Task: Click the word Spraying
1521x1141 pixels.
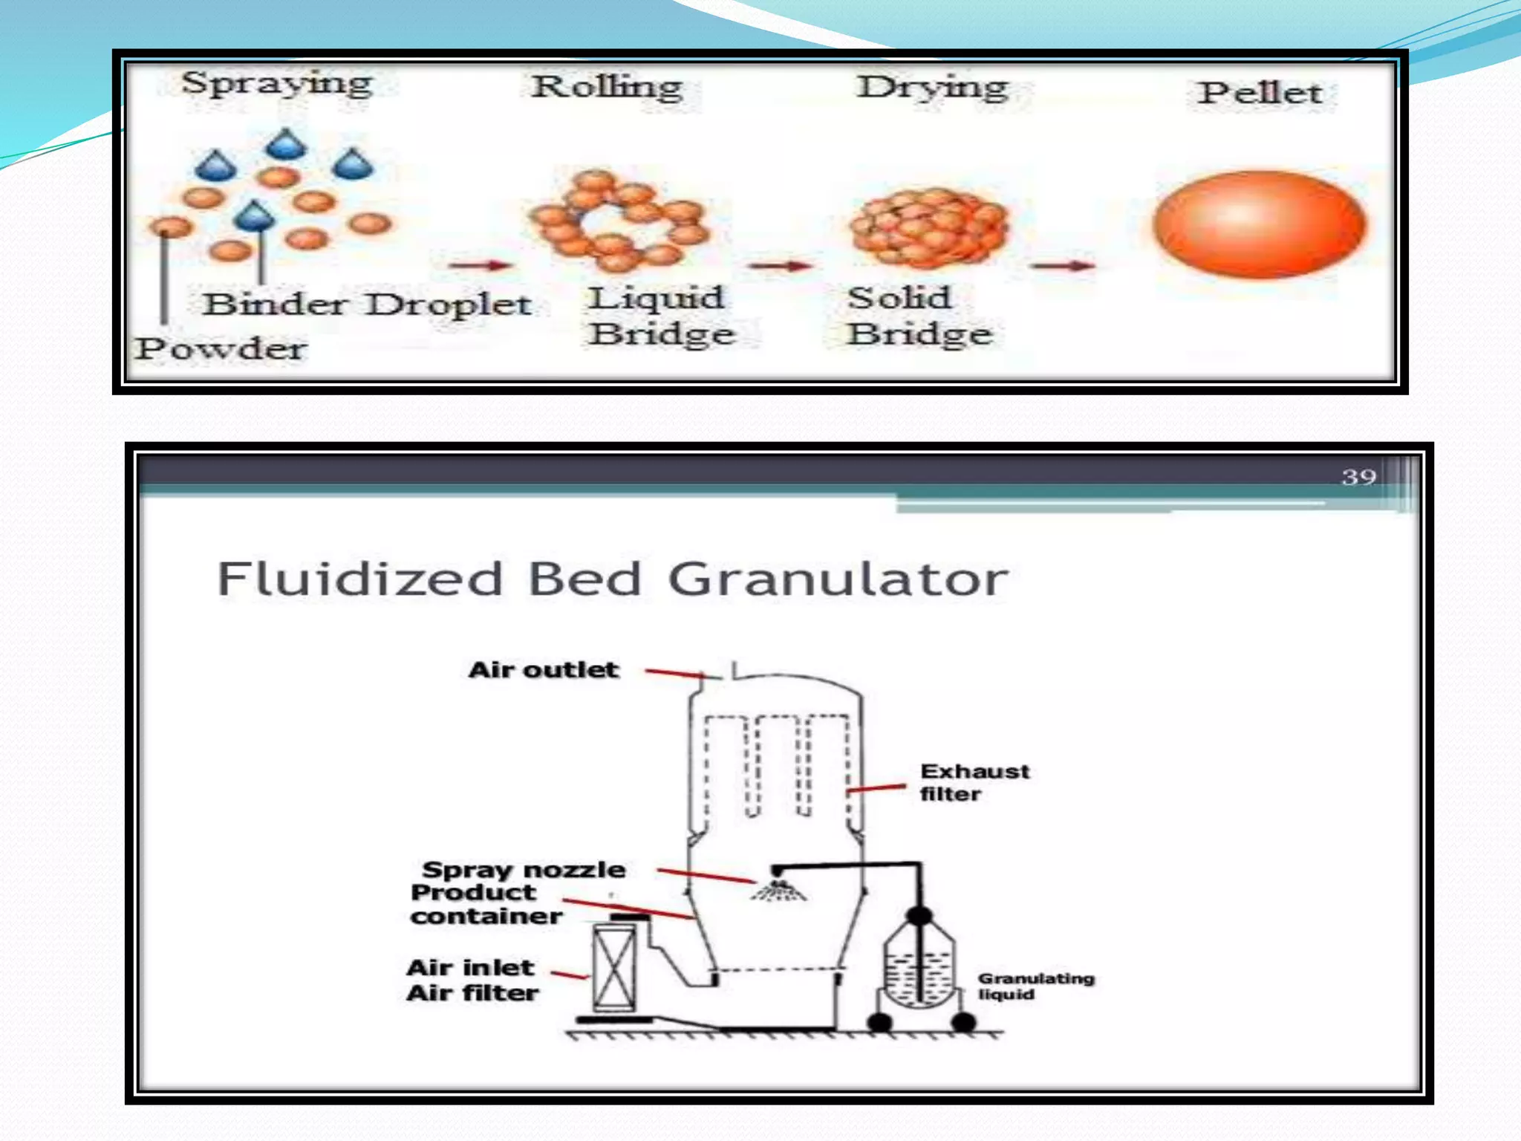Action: pyautogui.click(x=277, y=83)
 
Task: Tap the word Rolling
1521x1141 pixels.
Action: pyautogui.click(x=608, y=87)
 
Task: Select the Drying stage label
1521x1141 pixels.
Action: pyautogui.click(x=933, y=88)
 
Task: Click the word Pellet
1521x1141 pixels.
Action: pyautogui.click(x=1260, y=93)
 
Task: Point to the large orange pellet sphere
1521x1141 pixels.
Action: pyautogui.click(x=1259, y=225)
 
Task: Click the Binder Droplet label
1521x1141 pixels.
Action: pyautogui.click(x=367, y=305)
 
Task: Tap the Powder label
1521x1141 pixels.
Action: pyautogui.click(x=221, y=348)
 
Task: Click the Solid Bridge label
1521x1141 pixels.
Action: pyautogui.click(x=919, y=316)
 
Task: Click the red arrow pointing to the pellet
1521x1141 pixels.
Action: pyautogui.click(x=1063, y=265)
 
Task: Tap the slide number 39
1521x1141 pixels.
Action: pyautogui.click(x=1358, y=477)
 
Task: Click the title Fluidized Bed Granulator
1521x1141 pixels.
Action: pyautogui.click(x=613, y=579)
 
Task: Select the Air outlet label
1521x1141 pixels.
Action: pyautogui.click(x=543, y=670)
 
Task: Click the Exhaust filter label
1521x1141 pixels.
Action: pyautogui.click(x=974, y=782)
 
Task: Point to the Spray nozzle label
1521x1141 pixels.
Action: pyautogui.click(x=524, y=869)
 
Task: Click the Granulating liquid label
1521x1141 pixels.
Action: pyautogui.click(x=1035, y=986)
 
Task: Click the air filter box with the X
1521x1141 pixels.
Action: pyautogui.click(x=614, y=969)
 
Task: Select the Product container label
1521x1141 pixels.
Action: pyautogui.click(x=485, y=904)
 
